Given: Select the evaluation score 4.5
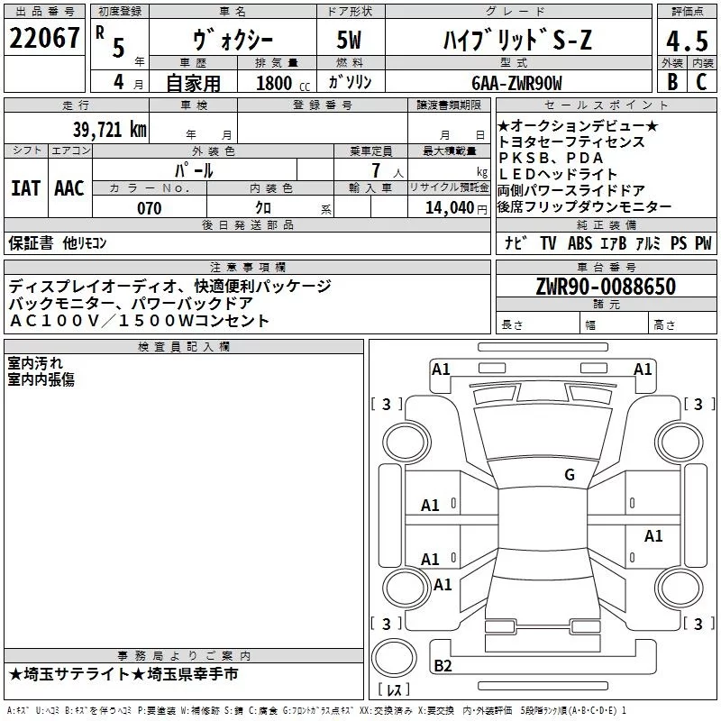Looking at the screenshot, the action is point(687,41).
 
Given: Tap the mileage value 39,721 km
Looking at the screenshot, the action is point(109,129).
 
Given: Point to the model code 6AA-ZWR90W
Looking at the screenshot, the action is point(516,84).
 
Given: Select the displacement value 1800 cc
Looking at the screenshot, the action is point(280,84).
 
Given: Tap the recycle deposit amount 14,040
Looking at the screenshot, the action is point(453,208).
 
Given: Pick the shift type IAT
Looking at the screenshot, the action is point(25,188).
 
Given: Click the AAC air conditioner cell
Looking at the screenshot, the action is point(68,188).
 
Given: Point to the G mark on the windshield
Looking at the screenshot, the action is point(570,475).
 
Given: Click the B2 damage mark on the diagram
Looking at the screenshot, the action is point(443,665).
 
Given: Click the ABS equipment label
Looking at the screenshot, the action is point(580,242).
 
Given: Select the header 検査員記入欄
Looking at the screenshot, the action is point(185,347).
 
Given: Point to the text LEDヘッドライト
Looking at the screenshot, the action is point(558,174).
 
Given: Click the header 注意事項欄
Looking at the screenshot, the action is point(248,268).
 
